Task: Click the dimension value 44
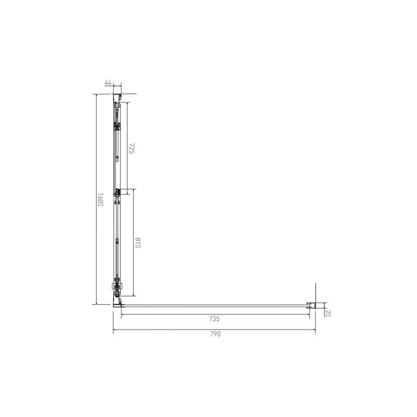click(x=108, y=82)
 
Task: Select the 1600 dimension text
click(x=100, y=200)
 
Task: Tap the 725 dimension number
click(x=132, y=149)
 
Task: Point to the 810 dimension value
click(x=138, y=242)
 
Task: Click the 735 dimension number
click(x=214, y=319)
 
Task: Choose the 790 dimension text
click(x=215, y=334)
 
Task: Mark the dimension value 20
click(x=328, y=313)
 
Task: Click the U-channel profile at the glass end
click(x=311, y=305)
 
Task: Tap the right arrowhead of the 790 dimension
click(x=314, y=330)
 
